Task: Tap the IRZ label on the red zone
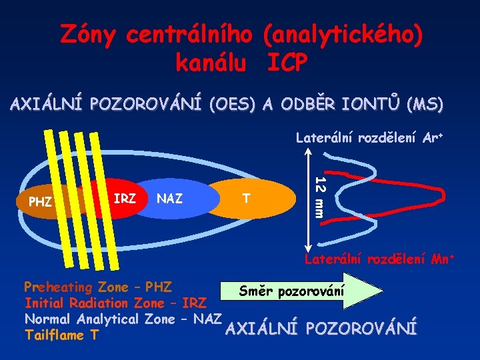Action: (x=125, y=198)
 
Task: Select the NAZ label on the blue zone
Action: (x=169, y=198)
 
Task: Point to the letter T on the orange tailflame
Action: (x=247, y=198)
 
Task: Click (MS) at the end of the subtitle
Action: (x=427, y=105)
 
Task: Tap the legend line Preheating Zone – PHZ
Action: (x=98, y=287)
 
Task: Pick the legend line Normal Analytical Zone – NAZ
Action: (x=123, y=319)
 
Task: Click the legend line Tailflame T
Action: (x=63, y=335)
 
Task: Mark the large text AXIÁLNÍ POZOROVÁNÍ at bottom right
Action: (x=321, y=327)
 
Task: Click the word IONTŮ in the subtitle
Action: (x=365, y=105)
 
